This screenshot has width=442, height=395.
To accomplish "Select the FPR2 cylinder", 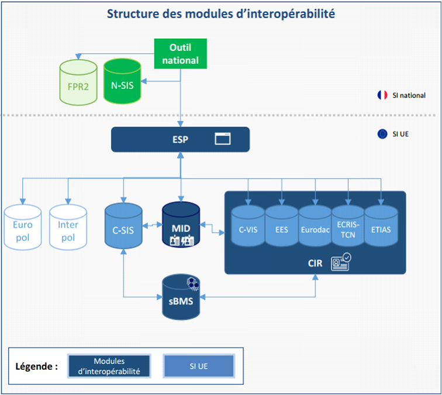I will coord(77,84).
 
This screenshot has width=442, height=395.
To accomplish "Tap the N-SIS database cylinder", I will coord(122,84).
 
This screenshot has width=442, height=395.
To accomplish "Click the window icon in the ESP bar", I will coord(223,139).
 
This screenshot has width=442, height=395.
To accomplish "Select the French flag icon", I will coord(383,95).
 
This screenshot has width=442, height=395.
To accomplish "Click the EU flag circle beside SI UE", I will coord(382,133).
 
